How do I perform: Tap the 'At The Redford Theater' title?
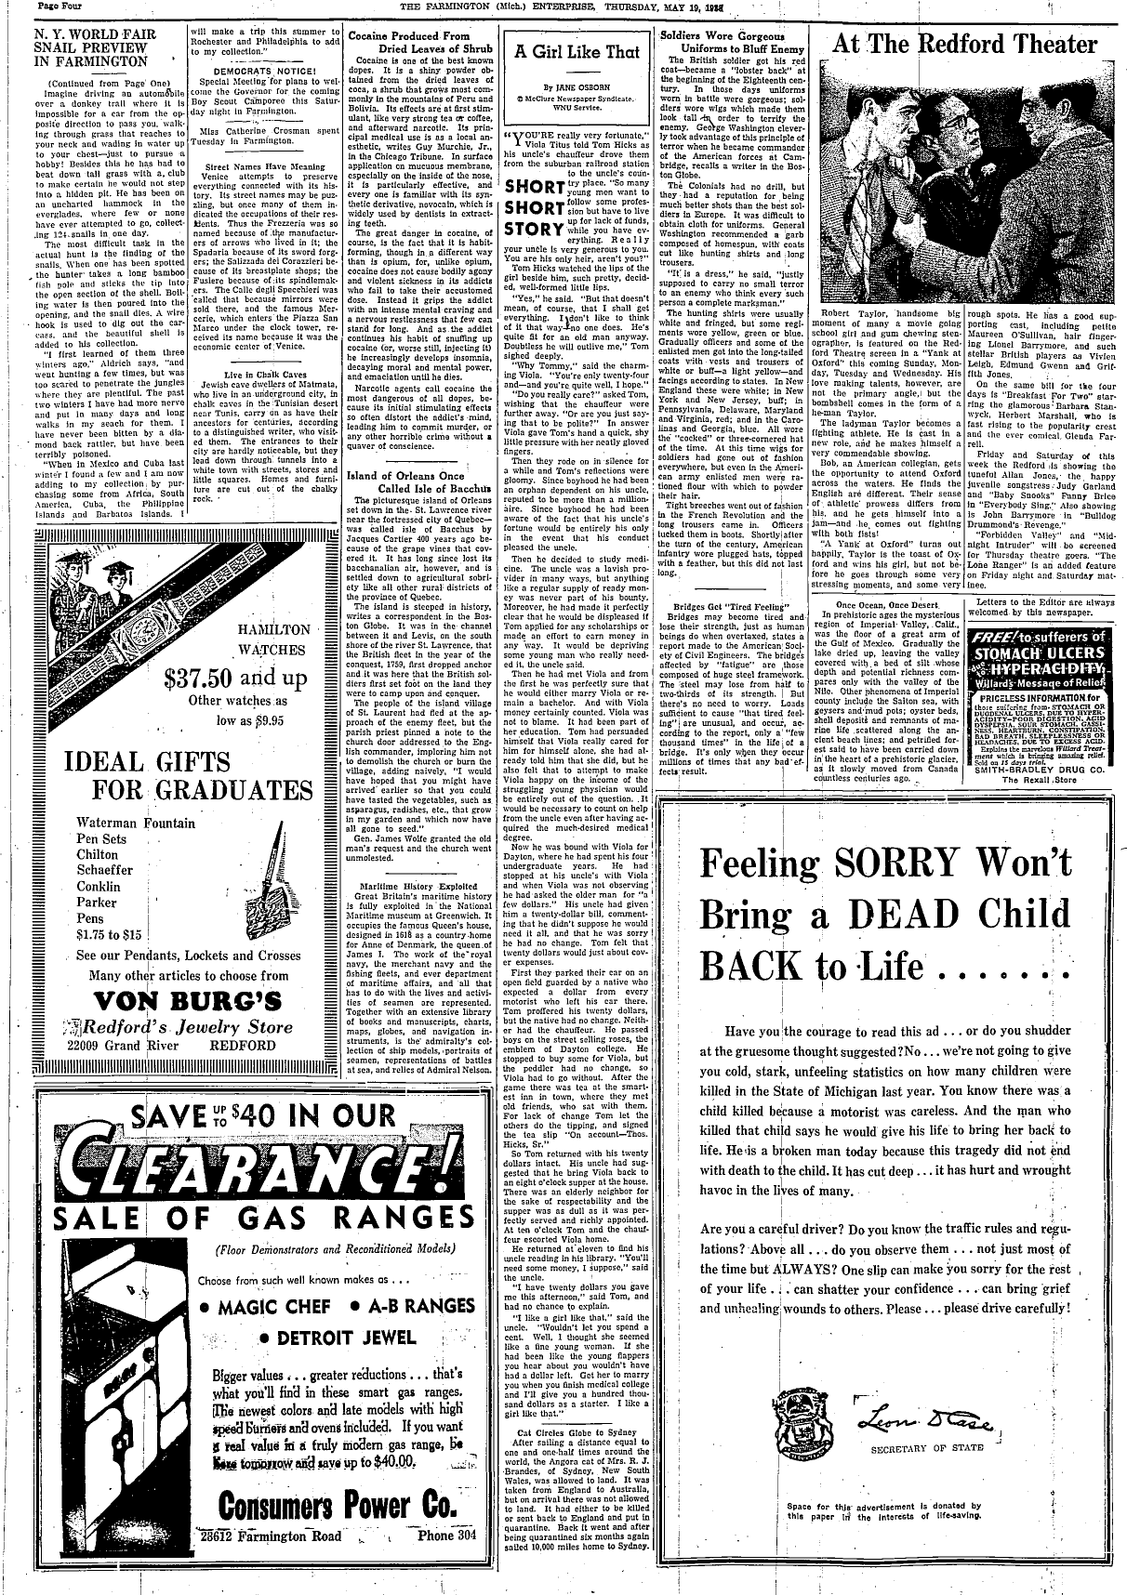click(x=964, y=44)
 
